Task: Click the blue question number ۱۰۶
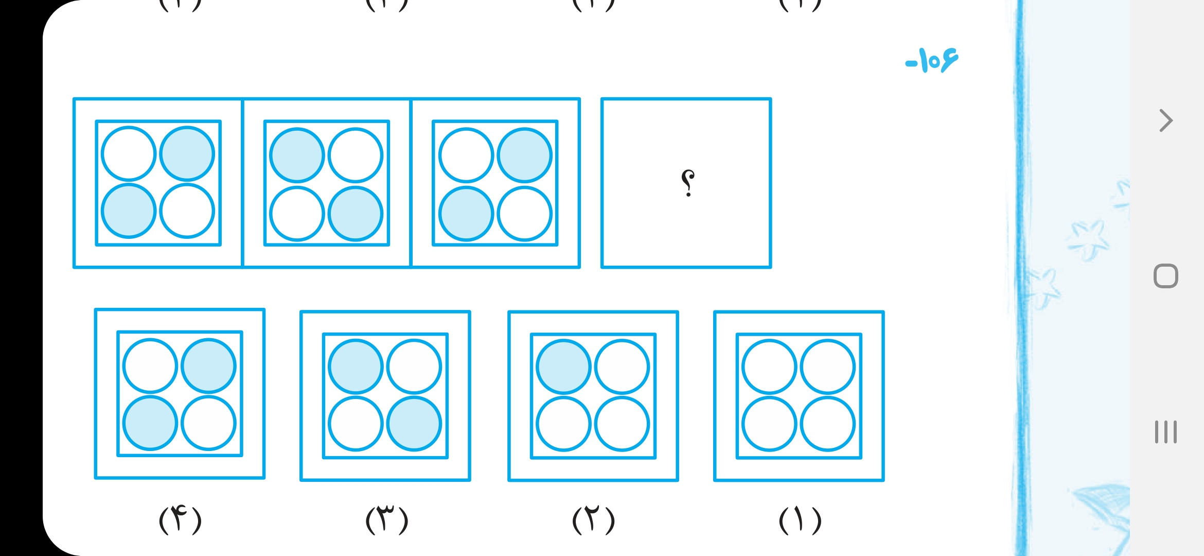point(932,61)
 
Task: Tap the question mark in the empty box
point(687,183)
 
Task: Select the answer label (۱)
point(800,520)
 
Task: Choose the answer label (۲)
point(593,520)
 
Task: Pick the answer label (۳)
point(387,520)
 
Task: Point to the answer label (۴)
point(180,520)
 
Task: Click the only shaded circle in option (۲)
point(563,367)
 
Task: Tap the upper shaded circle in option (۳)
point(356,367)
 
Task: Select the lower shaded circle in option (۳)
point(414,424)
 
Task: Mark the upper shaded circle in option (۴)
point(208,366)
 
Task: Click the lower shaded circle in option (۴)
point(150,423)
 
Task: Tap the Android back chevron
point(1166,121)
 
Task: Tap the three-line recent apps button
point(1165,432)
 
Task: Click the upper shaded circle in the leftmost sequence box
point(187,153)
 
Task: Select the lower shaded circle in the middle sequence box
point(356,213)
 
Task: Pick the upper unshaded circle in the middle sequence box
point(356,155)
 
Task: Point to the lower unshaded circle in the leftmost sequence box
point(187,211)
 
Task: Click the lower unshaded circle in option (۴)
point(208,423)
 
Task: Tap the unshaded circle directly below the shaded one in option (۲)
point(563,424)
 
